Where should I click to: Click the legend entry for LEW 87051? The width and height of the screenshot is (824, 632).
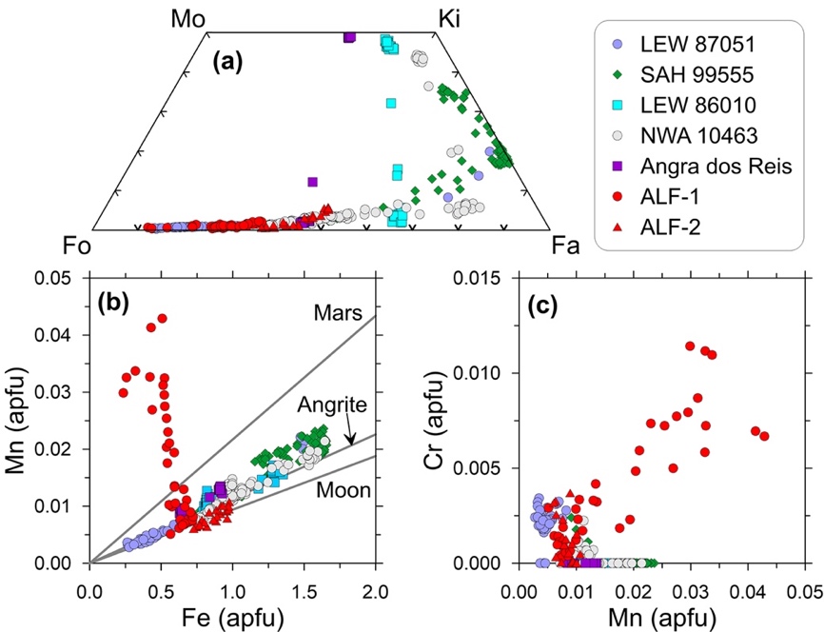click(686, 44)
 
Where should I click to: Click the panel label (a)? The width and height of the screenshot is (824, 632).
click(228, 63)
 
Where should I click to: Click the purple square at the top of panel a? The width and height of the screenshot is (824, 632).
click(349, 37)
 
